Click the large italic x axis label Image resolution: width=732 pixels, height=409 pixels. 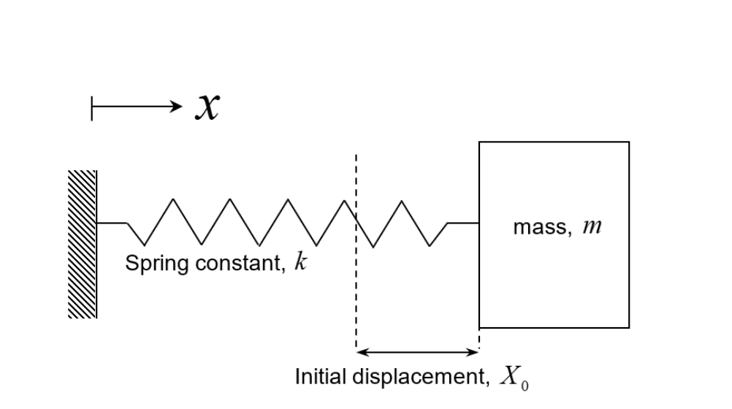click(x=207, y=107)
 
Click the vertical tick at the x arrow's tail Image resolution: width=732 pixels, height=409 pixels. click(x=92, y=107)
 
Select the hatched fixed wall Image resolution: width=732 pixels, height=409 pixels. click(x=83, y=244)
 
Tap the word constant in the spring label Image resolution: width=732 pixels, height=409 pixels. click(x=229, y=264)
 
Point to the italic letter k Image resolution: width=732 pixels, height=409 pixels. click(x=300, y=263)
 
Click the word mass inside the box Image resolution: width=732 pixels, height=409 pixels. click(x=540, y=228)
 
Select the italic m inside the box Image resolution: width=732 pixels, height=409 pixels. click(x=592, y=228)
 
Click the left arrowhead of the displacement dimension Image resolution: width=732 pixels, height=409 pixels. click(x=361, y=352)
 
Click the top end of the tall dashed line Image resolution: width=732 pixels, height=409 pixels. click(x=356, y=156)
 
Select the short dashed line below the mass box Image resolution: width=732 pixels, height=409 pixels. click(x=479, y=337)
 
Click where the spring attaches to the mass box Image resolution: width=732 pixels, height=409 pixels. click(x=479, y=223)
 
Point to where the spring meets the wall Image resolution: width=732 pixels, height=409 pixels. click(x=97, y=223)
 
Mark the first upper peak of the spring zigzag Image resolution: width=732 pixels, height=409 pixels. click(x=172, y=199)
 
